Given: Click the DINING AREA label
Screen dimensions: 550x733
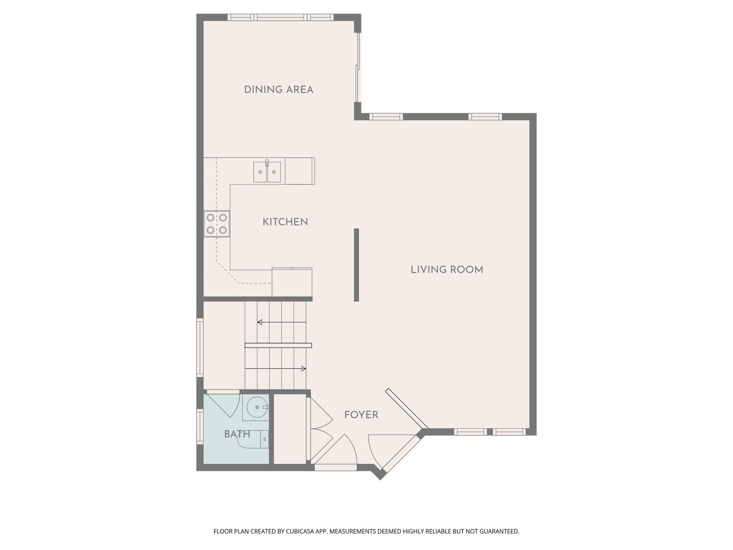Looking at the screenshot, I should [278, 90].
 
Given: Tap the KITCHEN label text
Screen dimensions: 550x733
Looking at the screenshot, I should [285, 222].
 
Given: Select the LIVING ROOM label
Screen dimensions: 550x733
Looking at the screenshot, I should [447, 270].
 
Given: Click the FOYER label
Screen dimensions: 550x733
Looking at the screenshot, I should [361, 415].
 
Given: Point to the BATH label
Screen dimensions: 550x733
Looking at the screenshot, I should [237, 434].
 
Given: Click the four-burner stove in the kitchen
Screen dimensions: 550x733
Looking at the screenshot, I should [217, 224].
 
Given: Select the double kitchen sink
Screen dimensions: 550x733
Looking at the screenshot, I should [267, 172].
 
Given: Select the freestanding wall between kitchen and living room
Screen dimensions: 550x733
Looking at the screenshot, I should [356, 265].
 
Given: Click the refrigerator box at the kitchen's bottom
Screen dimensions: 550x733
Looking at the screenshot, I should [292, 283].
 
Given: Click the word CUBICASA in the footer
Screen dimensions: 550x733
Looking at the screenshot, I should [301, 531].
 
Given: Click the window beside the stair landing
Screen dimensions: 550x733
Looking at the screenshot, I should [200, 347].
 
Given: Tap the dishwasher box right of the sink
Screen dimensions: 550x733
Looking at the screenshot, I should [300, 171].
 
